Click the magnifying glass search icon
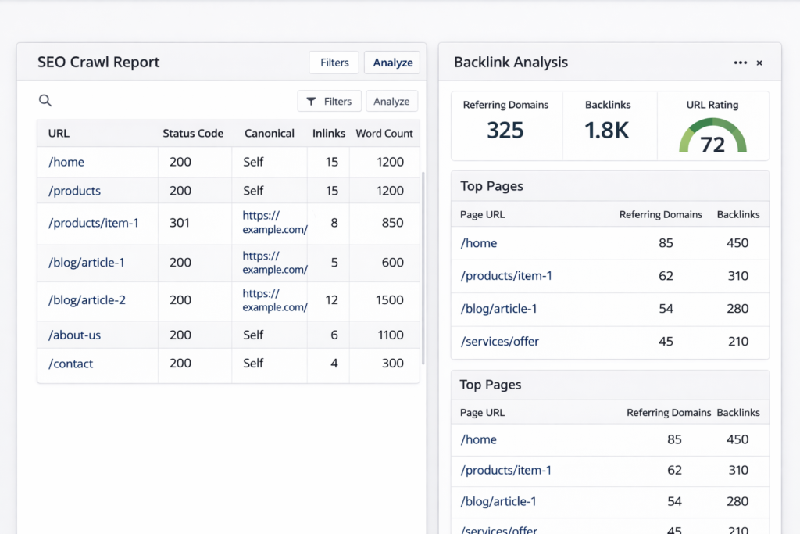(x=45, y=100)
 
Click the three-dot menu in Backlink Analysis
(x=740, y=63)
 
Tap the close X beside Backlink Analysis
(x=759, y=63)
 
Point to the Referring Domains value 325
(x=505, y=130)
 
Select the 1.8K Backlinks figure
(x=607, y=130)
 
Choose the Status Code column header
(x=193, y=134)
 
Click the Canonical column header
(x=270, y=134)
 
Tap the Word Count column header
(x=384, y=134)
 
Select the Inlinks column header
(x=329, y=134)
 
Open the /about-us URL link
(x=75, y=335)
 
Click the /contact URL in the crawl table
(x=71, y=364)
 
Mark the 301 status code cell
(x=180, y=223)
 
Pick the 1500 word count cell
(x=390, y=300)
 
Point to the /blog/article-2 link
(x=87, y=300)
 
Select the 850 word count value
(x=393, y=223)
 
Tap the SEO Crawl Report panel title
(x=98, y=63)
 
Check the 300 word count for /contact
(x=393, y=364)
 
